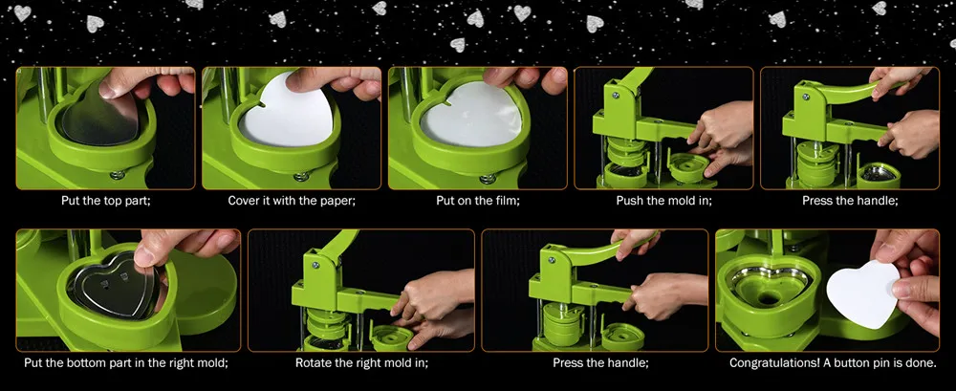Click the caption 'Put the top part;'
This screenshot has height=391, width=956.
pyautogui.click(x=105, y=200)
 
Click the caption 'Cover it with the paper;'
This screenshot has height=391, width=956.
pyautogui.click(x=292, y=200)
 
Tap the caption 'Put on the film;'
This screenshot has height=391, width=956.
pyautogui.click(x=478, y=200)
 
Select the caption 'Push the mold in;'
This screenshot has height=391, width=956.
pyautogui.click(x=664, y=200)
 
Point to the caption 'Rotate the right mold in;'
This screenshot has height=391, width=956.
pyautogui.click(x=361, y=363)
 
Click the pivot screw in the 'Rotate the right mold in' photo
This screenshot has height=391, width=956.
pyautogui.click(x=315, y=266)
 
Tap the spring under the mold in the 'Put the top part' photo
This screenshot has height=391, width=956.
pyautogui.click(x=118, y=175)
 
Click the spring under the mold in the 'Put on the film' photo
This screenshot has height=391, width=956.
pyautogui.click(x=488, y=179)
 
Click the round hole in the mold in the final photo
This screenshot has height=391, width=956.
pyautogui.click(x=770, y=299)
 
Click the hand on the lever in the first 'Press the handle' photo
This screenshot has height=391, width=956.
pyautogui.click(x=898, y=80)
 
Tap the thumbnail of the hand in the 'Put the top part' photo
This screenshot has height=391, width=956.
pyautogui.click(x=109, y=90)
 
